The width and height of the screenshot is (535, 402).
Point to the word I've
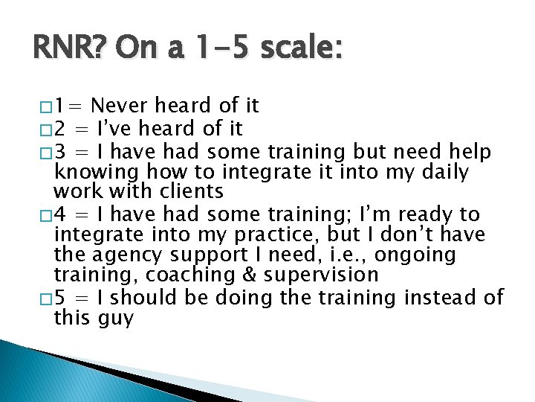[119, 130]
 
